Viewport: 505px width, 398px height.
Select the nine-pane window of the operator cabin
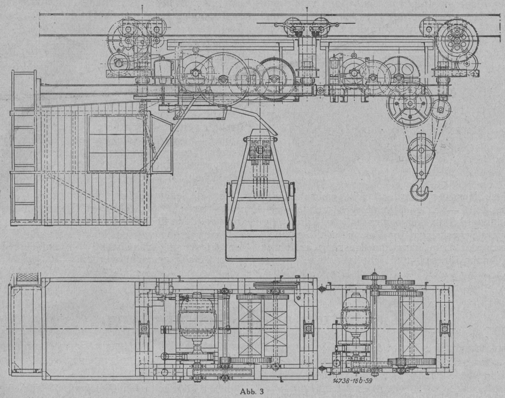click(115, 143)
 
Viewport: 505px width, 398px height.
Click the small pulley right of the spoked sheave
click(441, 108)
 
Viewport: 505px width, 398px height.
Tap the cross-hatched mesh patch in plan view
click(26, 278)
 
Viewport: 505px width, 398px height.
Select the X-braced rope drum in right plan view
click(411, 326)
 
